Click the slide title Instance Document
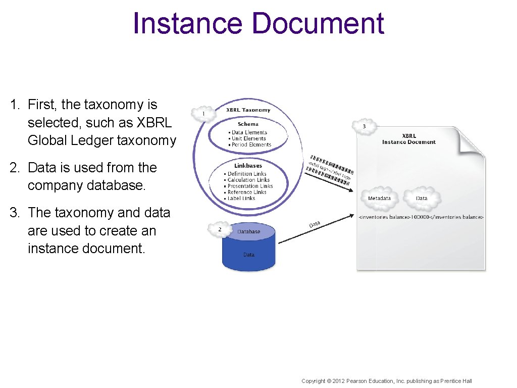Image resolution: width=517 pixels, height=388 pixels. coord(258,24)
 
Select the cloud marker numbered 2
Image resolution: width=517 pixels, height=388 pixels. coord(220,229)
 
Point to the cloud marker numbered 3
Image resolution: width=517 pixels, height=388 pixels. coord(365,126)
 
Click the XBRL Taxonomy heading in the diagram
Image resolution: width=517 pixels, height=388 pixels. coord(248,110)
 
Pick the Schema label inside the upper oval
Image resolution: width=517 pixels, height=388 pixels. coord(248,124)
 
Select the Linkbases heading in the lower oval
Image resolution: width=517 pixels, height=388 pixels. coord(248,166)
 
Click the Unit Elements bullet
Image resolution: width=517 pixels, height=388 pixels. coord(249,138)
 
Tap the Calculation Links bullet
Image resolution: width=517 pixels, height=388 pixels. coord(248,180)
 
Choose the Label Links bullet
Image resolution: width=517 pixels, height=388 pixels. coord(241,199)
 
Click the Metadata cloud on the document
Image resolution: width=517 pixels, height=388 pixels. coord(379,198)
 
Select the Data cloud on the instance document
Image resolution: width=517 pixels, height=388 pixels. coord(422,198)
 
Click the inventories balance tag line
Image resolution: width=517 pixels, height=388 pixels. coord(421,217)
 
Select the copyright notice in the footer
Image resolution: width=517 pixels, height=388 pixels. coord(386,381)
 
